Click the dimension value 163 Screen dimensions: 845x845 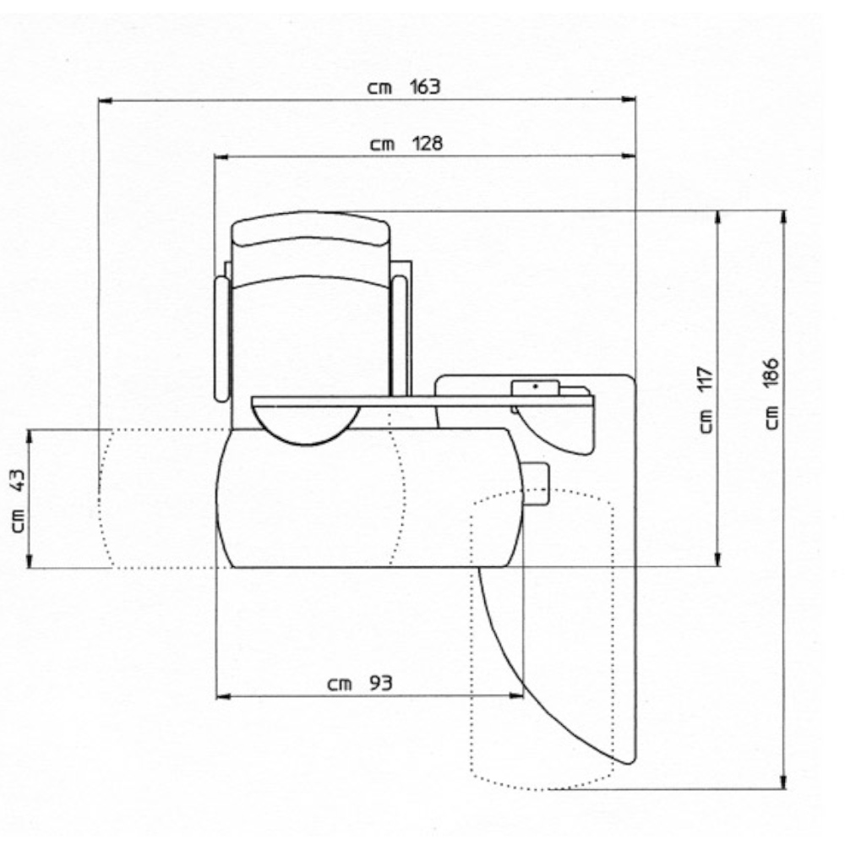(425, 87)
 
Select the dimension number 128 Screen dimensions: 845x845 (428, 144)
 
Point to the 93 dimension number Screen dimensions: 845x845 (380, 684)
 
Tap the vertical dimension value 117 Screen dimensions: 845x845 (706, 379)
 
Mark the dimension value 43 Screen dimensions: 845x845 (18, 481)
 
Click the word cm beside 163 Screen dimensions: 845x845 (380, 88)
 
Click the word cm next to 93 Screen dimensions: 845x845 (340, 684)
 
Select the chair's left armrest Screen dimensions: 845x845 (221, 339)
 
